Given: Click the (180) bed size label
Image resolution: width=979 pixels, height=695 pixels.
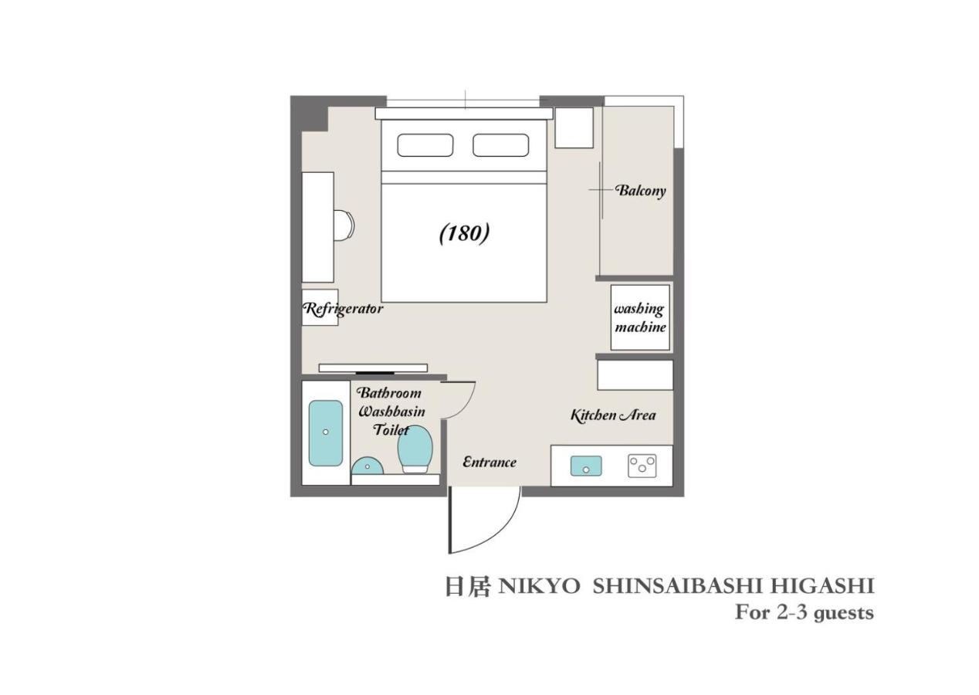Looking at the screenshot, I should tap(464, 232).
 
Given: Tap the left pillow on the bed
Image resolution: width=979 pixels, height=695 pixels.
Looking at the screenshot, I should tap(425, 145).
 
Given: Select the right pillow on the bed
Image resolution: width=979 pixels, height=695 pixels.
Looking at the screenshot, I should tap(500, 145).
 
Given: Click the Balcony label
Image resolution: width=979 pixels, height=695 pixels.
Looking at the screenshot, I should tap(640, 190).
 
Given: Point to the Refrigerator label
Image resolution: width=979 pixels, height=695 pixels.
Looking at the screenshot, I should tap(343, 309).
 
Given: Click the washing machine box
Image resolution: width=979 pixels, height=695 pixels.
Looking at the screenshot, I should tap(640, 317).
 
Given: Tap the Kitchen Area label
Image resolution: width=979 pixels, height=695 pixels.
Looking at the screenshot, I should tap(613, 415).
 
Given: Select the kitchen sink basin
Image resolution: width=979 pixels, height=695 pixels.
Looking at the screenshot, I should tap(586, 466).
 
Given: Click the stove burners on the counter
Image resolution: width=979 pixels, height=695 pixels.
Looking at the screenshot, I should tap(642, 465).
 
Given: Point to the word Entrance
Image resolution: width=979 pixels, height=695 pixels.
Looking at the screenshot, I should tap(489, 462).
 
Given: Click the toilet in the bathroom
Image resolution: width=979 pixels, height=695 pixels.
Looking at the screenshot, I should tap(415, 449).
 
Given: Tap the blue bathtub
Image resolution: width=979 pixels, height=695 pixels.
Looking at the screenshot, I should tap(326, 432).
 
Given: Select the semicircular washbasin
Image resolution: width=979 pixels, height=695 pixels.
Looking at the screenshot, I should tap(368, 466).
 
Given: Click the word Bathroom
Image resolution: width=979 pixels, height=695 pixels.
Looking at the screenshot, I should tap(389, 392).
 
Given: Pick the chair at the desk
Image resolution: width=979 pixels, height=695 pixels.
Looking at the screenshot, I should tap(344, 225).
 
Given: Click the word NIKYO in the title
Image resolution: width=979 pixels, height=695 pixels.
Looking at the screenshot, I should tap(539, 586).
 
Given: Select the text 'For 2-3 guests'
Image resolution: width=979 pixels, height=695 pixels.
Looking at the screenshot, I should tap(804, 612).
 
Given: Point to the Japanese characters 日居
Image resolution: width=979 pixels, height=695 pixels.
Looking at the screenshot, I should tap(467, 586).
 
